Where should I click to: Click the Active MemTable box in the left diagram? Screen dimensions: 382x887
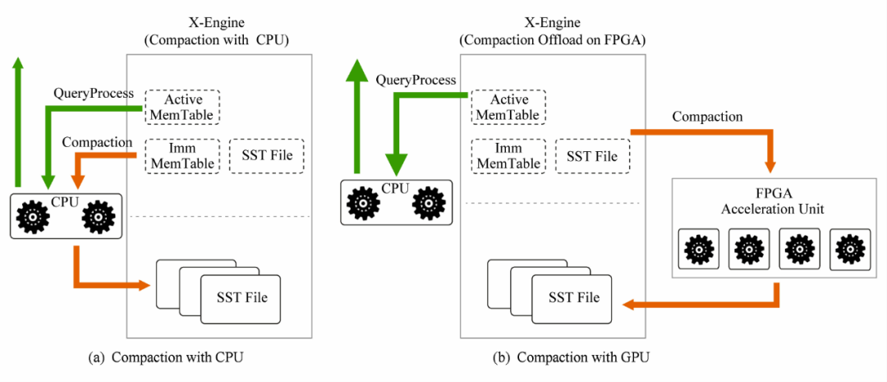[183, 106]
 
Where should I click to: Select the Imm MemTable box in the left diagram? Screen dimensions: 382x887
[183, 155]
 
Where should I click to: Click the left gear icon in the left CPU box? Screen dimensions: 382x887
[34, 217]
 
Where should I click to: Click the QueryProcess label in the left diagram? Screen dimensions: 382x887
[93, 94]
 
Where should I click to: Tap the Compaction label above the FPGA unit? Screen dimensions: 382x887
[707, 117]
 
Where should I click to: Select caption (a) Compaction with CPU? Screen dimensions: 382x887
[166, 357]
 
